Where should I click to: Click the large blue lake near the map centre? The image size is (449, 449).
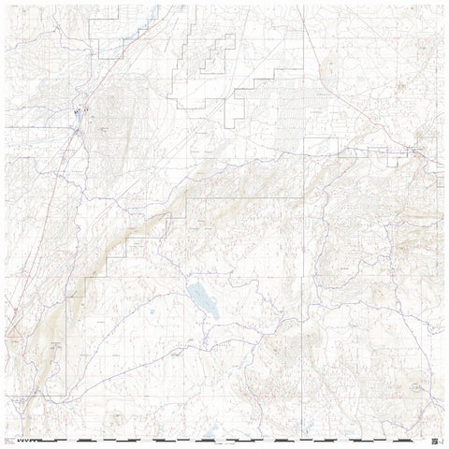[x=201, y=300]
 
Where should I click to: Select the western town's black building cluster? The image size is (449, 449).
[x=79, y=114]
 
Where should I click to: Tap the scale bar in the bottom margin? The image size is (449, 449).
[x=234, y=438]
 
